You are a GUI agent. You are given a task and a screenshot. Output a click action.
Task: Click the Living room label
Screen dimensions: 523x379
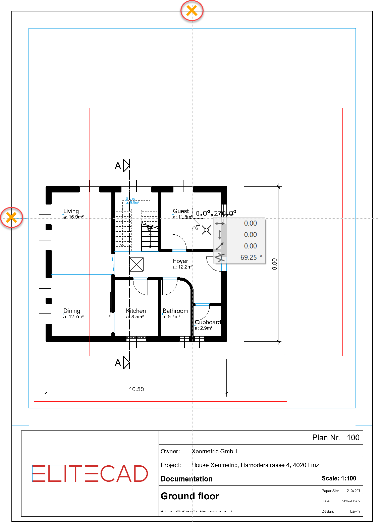pos(71,211)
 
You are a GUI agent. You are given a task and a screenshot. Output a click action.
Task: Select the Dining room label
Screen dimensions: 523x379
pos(72,311)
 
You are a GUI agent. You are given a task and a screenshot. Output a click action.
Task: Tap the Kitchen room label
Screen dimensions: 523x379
pos(136,311)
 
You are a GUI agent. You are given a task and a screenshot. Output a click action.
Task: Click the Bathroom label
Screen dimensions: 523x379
pos(175,311)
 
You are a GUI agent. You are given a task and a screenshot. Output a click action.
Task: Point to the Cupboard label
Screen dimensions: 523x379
pos(208,322)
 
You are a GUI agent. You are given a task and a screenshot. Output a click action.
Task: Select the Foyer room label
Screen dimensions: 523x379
pos(180,261)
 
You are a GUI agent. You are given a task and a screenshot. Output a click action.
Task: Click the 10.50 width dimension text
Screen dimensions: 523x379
pos(136,389)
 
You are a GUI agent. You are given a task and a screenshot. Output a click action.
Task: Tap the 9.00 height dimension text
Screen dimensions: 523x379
pos(275,264)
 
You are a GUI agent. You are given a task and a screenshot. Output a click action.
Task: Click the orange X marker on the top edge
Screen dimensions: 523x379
pos(192,11)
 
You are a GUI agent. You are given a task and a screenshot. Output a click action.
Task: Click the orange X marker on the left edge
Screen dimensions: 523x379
pos(12,218)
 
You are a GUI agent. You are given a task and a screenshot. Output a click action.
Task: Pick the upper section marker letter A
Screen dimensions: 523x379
pos(118,166)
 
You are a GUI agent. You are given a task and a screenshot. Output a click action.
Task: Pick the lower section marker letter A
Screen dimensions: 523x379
pos(118,363)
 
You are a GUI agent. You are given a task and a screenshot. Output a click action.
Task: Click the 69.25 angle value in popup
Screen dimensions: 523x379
pos(249,257)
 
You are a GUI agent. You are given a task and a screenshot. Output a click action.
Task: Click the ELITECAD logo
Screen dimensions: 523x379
pos(90,473)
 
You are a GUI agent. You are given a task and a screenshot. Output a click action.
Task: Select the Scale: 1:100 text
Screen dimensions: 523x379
pos(339,478)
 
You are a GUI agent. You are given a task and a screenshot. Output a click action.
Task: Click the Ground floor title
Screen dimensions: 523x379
pos(190,496)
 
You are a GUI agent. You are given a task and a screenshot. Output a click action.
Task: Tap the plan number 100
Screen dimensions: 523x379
pos(353,438)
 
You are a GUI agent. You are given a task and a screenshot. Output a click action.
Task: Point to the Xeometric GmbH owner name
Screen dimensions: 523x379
pos(215,451)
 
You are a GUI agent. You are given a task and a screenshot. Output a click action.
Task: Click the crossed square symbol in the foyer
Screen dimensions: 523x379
pos(137,265)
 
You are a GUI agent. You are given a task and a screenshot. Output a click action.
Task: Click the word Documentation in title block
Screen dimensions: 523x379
pos(186,479)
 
